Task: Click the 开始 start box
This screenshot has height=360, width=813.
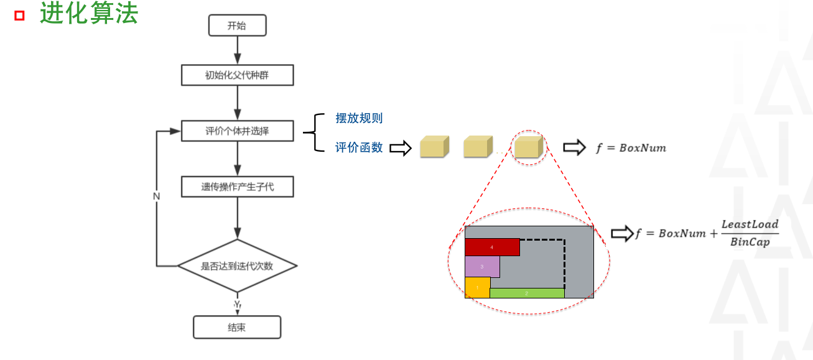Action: (x=238, y=25)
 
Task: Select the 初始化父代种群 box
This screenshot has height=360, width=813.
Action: (x=238, y=75)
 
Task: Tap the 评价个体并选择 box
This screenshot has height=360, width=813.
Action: (x=238, y=131)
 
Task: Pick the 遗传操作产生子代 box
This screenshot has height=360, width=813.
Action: (x=238, y=187)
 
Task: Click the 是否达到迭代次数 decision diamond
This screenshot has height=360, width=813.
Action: (x=238, y=266)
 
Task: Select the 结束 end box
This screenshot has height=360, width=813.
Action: (x=237, y=327)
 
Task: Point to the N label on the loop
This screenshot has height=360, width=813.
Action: (x=156, y=196)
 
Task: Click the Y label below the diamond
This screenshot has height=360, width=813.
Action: (x=238, y=304)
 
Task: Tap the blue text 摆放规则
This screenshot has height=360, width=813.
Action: (x=359, y=118)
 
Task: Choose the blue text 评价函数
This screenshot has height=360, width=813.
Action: (x=359, y=147)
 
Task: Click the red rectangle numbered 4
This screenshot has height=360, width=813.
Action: (x=492, y=247)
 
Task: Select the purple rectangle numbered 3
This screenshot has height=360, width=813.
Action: (x=482, y=267)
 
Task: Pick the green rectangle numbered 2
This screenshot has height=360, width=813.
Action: (x=527, y=293)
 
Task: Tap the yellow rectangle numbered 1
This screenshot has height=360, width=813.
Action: (x=478, y=288)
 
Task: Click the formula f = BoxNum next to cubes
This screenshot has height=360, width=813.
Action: (x=631, y=148)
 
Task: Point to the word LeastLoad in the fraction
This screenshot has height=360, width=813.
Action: (x=750, y=224)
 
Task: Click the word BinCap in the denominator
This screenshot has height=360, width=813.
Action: (x=750, y=242)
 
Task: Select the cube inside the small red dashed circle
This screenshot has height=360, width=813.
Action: (x=529, y=147)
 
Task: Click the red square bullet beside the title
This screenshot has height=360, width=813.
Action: (x=20, y=16)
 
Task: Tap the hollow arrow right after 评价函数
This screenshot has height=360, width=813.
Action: (x=401, y=148)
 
